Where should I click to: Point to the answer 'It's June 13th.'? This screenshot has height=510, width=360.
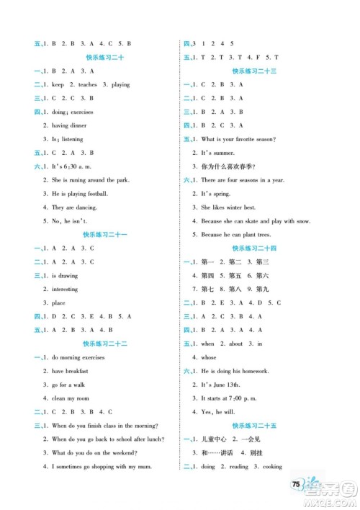pos(220,384)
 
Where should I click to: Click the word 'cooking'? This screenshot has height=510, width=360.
pos(271,466)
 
